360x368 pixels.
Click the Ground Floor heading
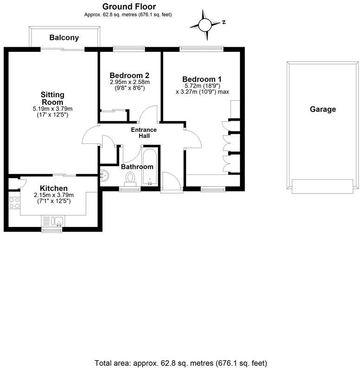click(129, 6)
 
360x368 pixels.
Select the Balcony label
click(64, 38)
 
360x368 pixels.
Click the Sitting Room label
click(53, 98)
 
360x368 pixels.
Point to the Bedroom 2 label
click(129, 75)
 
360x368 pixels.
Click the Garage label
click(323, 110)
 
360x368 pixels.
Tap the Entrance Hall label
click(143, 133)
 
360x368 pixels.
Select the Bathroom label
click(137, 167)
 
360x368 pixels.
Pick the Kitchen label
click(54, 188)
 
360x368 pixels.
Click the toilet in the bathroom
click(130, 178)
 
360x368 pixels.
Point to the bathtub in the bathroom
click(149, 167)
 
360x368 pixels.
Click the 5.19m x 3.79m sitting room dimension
click(53, 109)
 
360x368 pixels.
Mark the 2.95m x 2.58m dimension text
click(130, 82)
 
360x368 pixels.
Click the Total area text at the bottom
click(180, 362)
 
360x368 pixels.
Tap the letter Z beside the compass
click(223, 22)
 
